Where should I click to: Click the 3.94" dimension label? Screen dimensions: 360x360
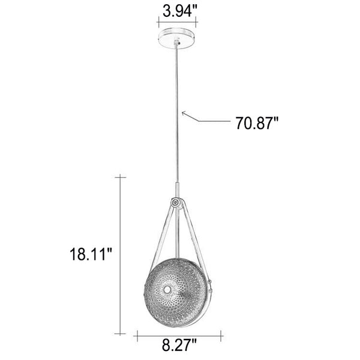pyautogui.click(x=180, y=11)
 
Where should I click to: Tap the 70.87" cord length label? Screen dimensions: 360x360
pyautogui.click(x=257, y=123)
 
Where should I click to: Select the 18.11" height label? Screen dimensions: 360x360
pyautogui.click(x=91, y=254)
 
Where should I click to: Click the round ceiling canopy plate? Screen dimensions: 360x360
pyautogui.click(x=177, y=38)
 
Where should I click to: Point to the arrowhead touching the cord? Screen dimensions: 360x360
pyautogui.click(x=184, y=113)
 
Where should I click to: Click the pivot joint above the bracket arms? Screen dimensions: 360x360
pyautogui.click(x=176, y=203)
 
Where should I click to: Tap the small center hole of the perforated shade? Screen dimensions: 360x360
pyautogui.click(x=167, y=290)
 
